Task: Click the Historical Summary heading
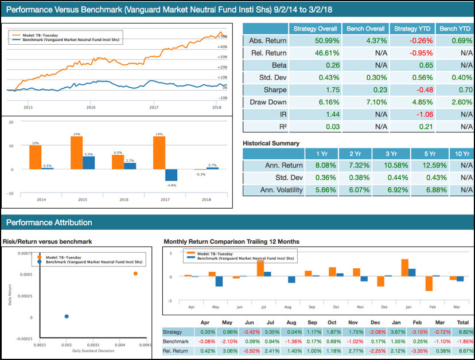point(271,143)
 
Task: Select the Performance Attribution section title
point(49,222)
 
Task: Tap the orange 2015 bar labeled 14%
point(76,152)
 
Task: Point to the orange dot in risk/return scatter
point(135,273)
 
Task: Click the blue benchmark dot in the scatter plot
point(67,316)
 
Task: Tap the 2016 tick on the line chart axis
point(91,107)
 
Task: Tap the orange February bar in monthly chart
point(429,283)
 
